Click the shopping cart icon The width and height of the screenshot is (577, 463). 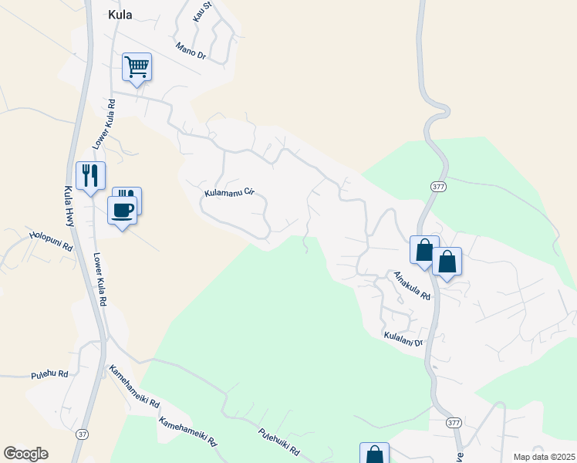pos(137,67)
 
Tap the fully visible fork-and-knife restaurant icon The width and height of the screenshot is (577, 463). pos(90,177)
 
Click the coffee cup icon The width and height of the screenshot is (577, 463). pos(122,209)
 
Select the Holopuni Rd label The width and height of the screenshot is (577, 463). pos(50,241)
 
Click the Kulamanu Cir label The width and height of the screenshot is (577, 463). pos(229,191)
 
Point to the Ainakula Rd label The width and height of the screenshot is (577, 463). pos(411,286)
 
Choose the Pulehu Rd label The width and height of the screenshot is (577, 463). pos(50,375)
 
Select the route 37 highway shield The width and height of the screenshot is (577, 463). pos(82,434)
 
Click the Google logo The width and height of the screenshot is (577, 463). pos(25,454)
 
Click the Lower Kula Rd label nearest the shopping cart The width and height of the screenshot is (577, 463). pos(103,123)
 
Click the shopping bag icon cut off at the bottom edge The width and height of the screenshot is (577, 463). pos(374,454)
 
